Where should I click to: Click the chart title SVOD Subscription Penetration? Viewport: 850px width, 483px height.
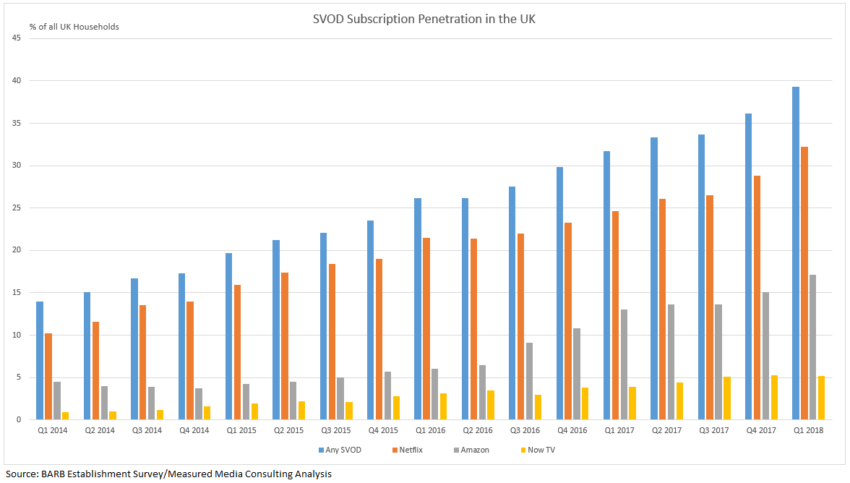[424, 19]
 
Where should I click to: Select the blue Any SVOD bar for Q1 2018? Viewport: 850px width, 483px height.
[796, 253]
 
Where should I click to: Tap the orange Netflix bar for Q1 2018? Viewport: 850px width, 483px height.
[804, 283]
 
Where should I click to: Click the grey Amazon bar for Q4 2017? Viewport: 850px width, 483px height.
[765, 356]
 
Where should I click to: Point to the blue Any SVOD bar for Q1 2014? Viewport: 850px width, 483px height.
[40, 360]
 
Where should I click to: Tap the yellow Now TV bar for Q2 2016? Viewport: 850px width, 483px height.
[491, 405]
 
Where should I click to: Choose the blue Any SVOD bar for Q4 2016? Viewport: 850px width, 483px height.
[559, 293]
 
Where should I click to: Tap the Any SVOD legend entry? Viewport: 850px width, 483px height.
[340, 450]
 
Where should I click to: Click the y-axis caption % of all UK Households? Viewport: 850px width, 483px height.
[74, 27]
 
